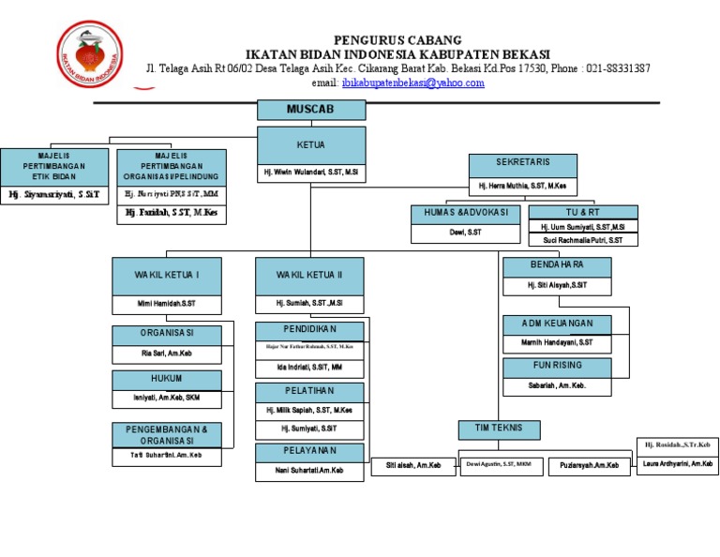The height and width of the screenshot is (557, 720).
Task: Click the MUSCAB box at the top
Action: point(311,110)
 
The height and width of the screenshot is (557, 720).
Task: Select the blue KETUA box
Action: point(311,145)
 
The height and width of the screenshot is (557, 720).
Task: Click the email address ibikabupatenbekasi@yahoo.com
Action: point(412,83)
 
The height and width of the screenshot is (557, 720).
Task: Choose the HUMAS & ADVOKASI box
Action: point(466,213)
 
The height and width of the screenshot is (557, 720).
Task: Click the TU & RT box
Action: point(582,213)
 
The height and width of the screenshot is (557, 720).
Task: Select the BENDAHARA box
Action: point(557,266)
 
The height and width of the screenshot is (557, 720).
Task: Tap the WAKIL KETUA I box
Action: point(167,276)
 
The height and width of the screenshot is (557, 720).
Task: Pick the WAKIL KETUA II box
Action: point(309,276)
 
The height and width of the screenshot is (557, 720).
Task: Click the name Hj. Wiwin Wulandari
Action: point(311,173)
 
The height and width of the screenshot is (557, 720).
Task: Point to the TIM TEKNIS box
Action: point(500,429)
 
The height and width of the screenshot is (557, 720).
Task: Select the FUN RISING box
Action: point(557,367)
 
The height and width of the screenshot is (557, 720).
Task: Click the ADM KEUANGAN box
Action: point(557,324)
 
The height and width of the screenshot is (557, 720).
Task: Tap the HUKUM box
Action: point(167,380)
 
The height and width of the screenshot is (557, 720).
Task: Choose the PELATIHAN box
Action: point(309,391)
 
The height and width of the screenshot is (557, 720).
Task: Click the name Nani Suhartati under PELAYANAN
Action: point(309,472)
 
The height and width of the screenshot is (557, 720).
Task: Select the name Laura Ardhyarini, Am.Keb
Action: point(677,463)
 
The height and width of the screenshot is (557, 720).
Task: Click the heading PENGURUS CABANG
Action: point(397,39)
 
